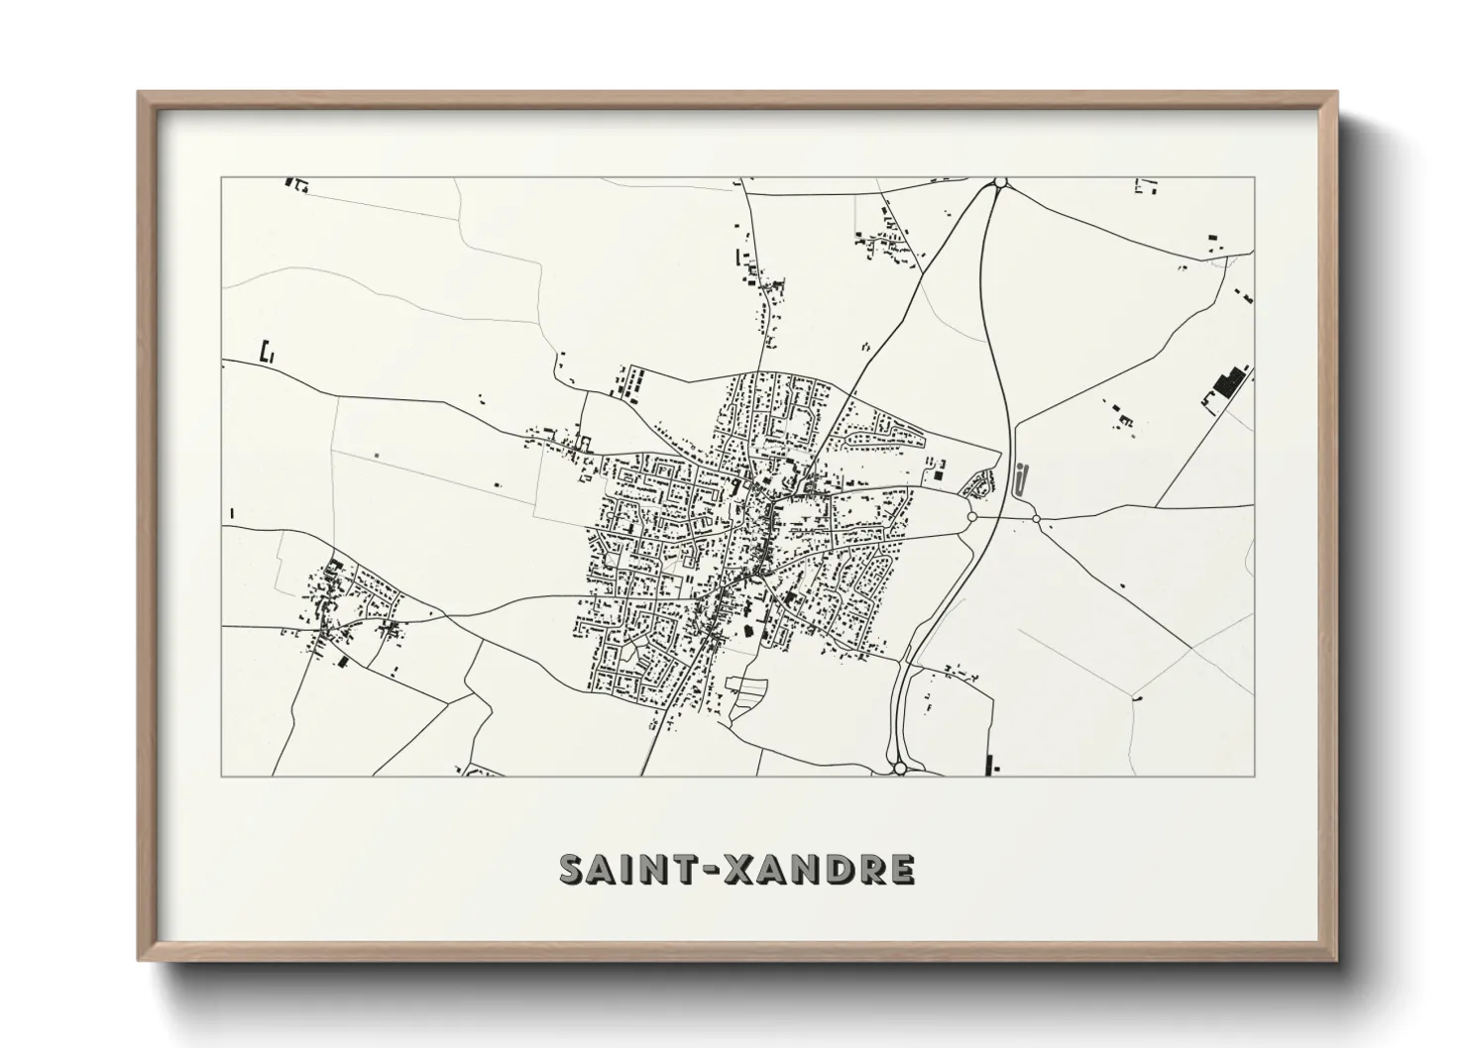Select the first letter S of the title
(574, 869)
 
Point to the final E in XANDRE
(900, 869)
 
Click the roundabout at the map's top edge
(1000, 182)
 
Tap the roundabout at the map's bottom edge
(899, 768)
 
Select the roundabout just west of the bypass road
(971, 516)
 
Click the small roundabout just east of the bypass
(1036, 518)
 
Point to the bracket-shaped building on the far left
(265, 351)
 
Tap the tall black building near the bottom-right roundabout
(990, 763)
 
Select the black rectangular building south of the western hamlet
(343, 662)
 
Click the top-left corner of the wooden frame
(140, 94)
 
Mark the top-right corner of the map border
(1254, 178)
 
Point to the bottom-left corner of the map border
(222, 776)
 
